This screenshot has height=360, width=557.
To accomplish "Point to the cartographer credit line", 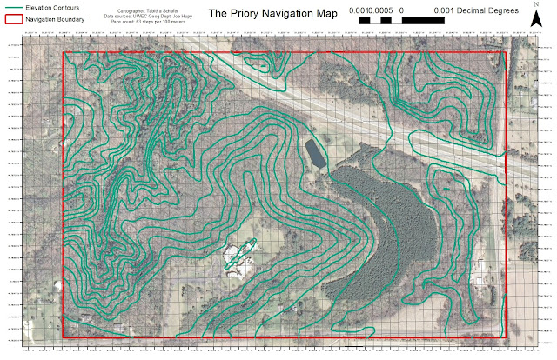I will click(x=142, y=8).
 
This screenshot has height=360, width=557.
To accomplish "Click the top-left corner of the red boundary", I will click(x=65, y=52).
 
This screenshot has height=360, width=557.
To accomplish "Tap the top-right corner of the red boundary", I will click(x=506, y=52).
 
